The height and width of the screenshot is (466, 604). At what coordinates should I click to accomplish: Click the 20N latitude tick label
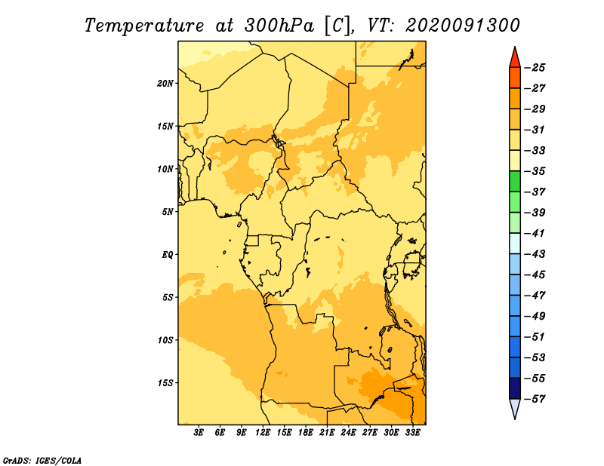[165, 84]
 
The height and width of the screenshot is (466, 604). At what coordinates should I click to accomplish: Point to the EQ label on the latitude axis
[168, 255]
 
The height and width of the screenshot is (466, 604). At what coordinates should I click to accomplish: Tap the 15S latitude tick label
[165, 383]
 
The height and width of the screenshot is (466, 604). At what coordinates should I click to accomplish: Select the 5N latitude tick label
[168, 212]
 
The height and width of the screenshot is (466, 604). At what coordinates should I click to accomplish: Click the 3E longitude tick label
[199, 432]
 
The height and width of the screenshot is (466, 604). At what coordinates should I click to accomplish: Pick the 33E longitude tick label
[412, 432]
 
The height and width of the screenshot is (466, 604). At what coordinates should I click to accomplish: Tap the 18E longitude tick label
[306, 432]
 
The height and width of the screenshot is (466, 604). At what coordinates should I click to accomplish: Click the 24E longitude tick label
[348, 432]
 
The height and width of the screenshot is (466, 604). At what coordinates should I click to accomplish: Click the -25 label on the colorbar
[535, 68]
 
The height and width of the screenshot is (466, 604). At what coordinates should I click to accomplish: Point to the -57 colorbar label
[535, 399]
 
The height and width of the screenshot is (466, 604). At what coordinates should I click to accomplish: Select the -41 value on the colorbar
[535, 234]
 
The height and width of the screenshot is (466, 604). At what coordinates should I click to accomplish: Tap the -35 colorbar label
[535, 171]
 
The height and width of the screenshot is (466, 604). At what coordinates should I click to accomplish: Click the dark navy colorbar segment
[515, 388]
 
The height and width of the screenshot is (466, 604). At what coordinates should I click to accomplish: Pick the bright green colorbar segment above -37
[515, 181]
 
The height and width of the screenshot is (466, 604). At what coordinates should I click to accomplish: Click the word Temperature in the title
[144, 26]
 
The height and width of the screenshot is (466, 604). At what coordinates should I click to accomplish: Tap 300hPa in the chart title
[279, 26]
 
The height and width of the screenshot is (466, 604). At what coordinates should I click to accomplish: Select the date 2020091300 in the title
[463, 26]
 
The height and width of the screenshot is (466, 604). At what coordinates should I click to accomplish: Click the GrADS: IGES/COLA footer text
[42, 460]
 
